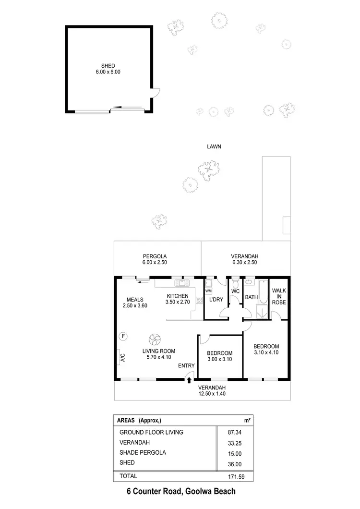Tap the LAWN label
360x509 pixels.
pos(214,147)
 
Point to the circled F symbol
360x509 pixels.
pos(123,336)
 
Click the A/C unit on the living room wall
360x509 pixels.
pos(122,357)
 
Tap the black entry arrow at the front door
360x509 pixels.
pos(189,380)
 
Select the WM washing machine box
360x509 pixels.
pos(208,291)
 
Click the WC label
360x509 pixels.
pos(235,291)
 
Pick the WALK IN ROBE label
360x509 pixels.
pos(279,297)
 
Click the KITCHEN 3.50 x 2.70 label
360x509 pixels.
pos(177,299)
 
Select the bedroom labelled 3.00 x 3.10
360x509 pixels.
pos(219,356)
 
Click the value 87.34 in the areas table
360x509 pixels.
pos(234,432)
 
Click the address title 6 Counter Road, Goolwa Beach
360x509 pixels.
pos(180,491)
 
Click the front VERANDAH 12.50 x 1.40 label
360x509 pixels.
pos(212,390)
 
